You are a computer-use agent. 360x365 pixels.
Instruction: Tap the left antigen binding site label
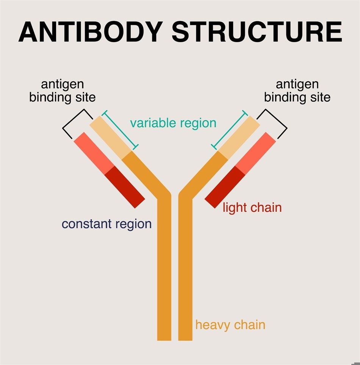tap(63, 91)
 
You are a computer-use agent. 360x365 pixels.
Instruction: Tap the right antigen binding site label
tap(297, 91)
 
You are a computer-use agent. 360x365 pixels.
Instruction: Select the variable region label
tap(173, 123)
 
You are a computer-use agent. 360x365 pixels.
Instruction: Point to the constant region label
tap(106, 224)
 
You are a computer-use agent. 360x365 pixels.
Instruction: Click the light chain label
tap(252, 207)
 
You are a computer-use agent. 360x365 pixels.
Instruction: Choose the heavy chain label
tap(230, 325)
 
